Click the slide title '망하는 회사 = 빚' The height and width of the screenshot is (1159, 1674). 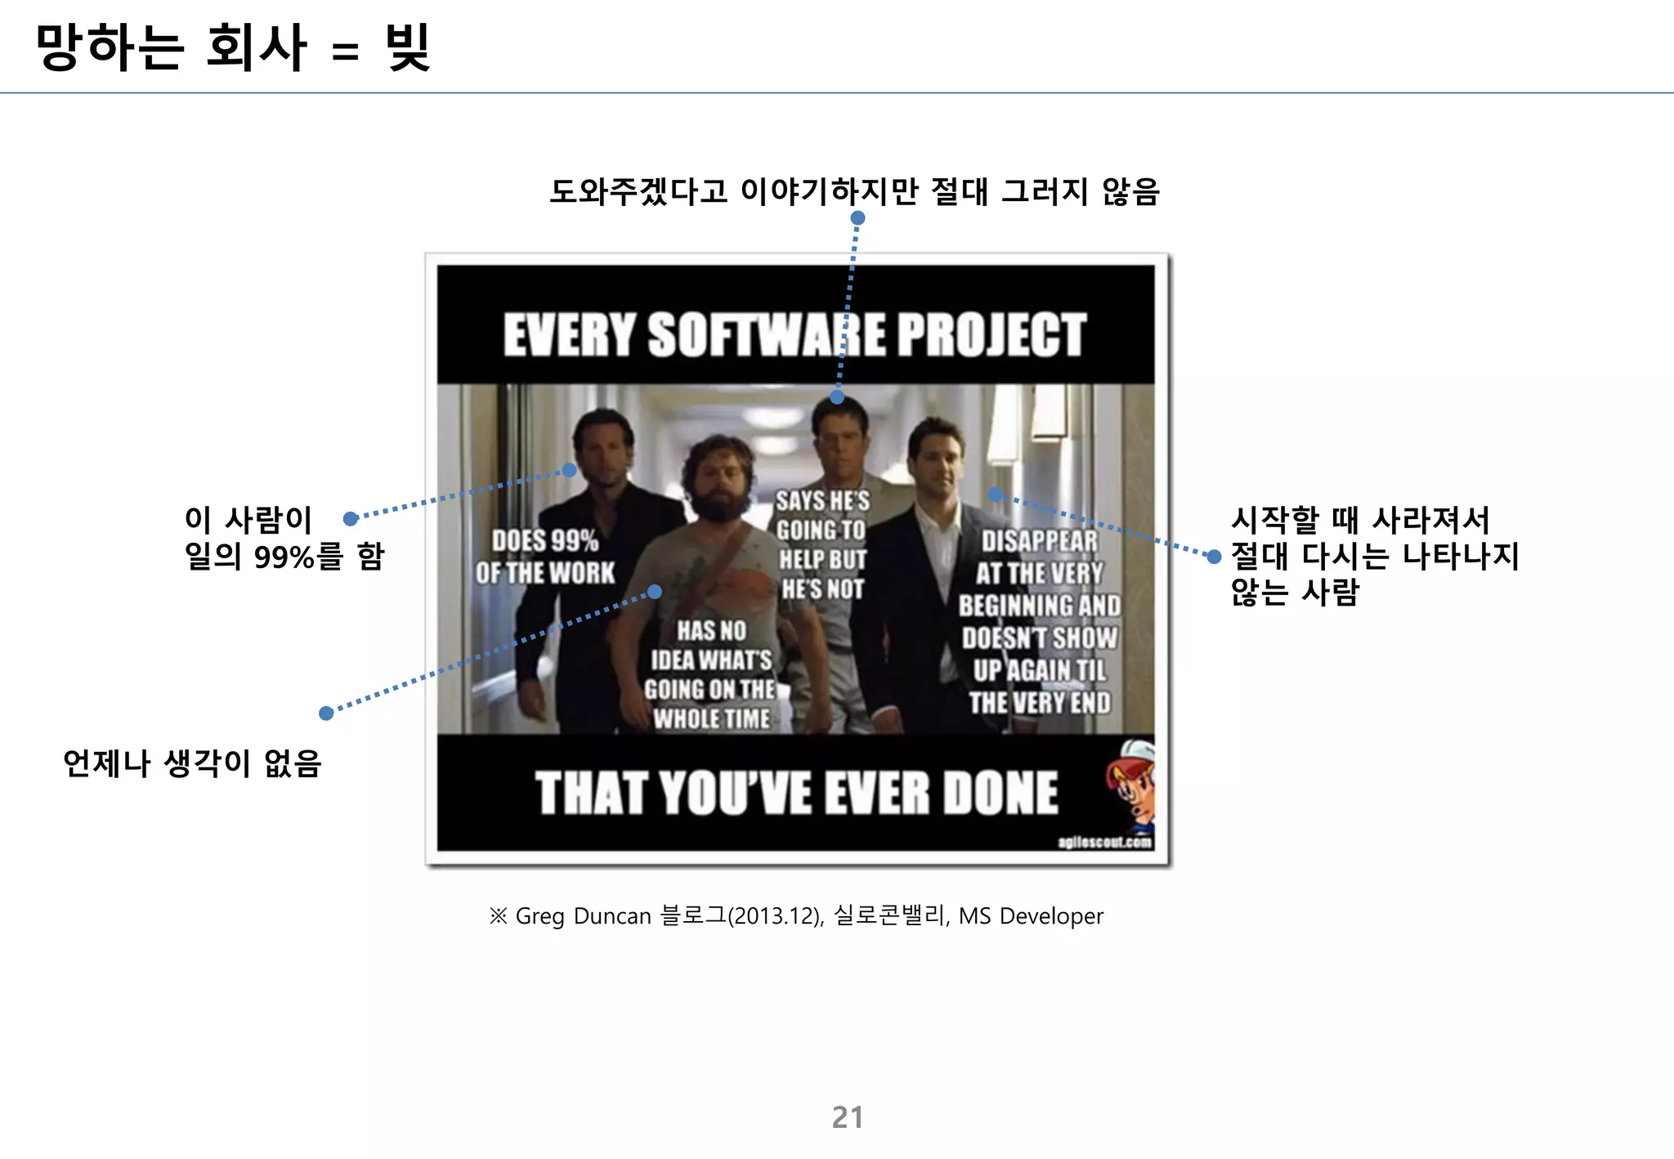[233, 47]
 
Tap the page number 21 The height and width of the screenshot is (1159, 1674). [847, 1116]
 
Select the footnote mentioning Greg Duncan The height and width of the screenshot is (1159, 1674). [796, 915]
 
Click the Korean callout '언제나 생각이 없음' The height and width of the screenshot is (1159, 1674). [192, 763]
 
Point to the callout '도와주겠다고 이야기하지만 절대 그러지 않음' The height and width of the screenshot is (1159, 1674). [854, 191]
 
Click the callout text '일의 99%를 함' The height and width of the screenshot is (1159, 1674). [284, 557]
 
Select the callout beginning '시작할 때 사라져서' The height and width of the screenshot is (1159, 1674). [1360, 520]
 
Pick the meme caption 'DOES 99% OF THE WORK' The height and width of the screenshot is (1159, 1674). [545, 557]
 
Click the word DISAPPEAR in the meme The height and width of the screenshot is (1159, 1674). [1039, 541]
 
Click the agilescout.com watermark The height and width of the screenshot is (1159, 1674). [1104, 842]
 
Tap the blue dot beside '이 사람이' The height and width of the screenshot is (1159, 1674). [351, 518]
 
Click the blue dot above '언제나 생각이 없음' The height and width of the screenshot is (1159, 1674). [326, 713]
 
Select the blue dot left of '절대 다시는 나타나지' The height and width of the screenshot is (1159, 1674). [1214, 557]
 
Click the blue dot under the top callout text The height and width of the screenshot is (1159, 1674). [857, 218]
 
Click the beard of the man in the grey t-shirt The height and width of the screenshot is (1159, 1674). [718, 503]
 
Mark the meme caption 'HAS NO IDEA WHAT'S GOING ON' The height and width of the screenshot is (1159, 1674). [711, 674]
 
